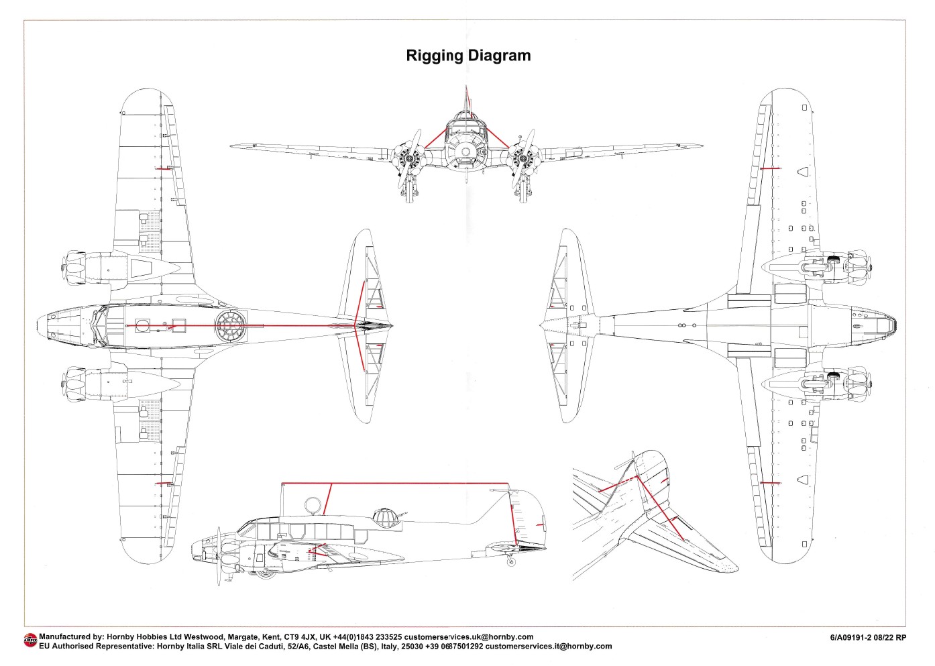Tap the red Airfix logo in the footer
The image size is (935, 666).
pyautogui.click(x=30, y=641)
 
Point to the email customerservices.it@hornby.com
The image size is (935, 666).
pyautogui.click(x=548, y=647)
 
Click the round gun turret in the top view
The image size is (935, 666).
pyautogui.click(x=231, y=327)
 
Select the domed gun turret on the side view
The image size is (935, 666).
pyautogui.click(x=384, y=517)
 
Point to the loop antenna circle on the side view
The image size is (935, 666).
pyautogui.click(x=313, y=505)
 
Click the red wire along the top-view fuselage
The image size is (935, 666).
pyautogui.click(x=268, y=326)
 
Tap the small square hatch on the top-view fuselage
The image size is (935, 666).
pyautogui.click(x=178, y=324)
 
